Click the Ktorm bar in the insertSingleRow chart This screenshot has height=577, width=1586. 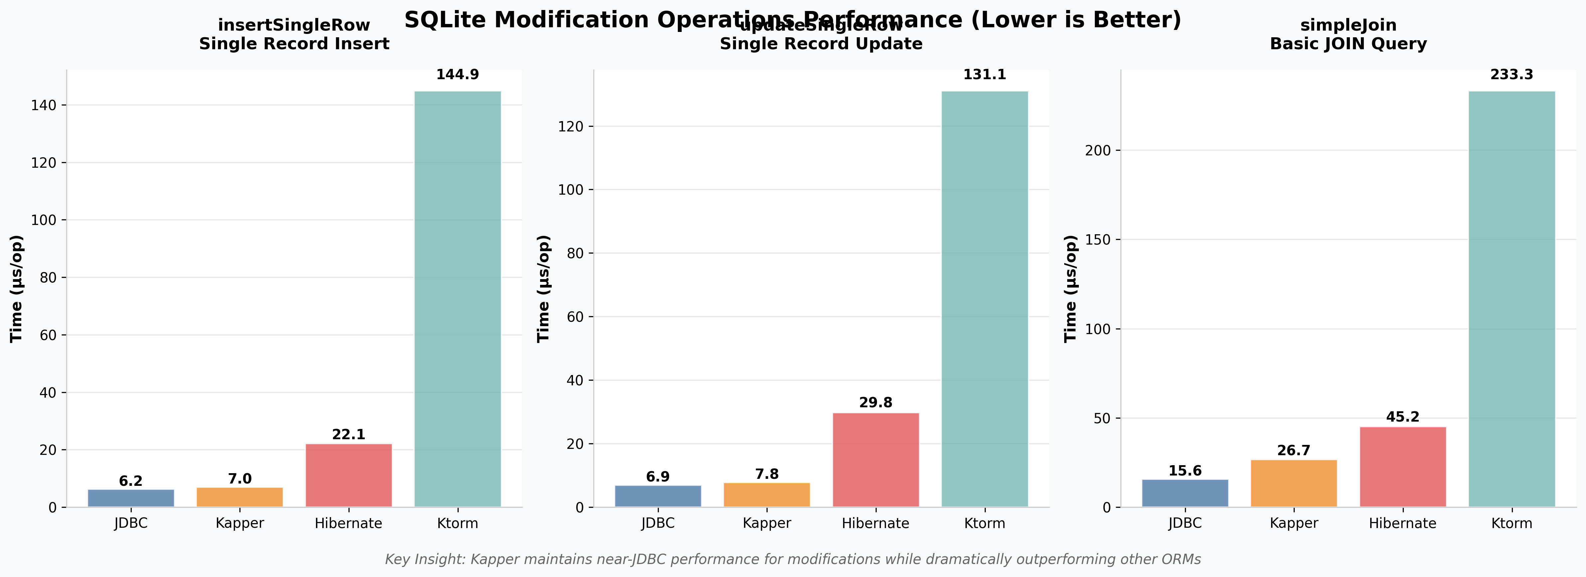tap(458, 299)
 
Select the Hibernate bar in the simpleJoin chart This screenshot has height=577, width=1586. tap(1402, 467)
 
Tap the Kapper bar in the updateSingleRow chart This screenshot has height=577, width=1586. tap(767, 495)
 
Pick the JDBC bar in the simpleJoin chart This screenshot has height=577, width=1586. tap(1185, 493)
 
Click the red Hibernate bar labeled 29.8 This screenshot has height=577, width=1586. tap(876, 460)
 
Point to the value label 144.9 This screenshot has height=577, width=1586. tap(458, 75)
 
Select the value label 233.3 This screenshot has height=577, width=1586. tap(1512, 75)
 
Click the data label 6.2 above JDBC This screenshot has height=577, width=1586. tap(130, 481)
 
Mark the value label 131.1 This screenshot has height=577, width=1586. tap(984, 75)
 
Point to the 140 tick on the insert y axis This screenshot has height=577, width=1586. tap(43, 105)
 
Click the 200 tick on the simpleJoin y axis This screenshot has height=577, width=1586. tap(1098, 151)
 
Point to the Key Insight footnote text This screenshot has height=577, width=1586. tap(793, 559)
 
